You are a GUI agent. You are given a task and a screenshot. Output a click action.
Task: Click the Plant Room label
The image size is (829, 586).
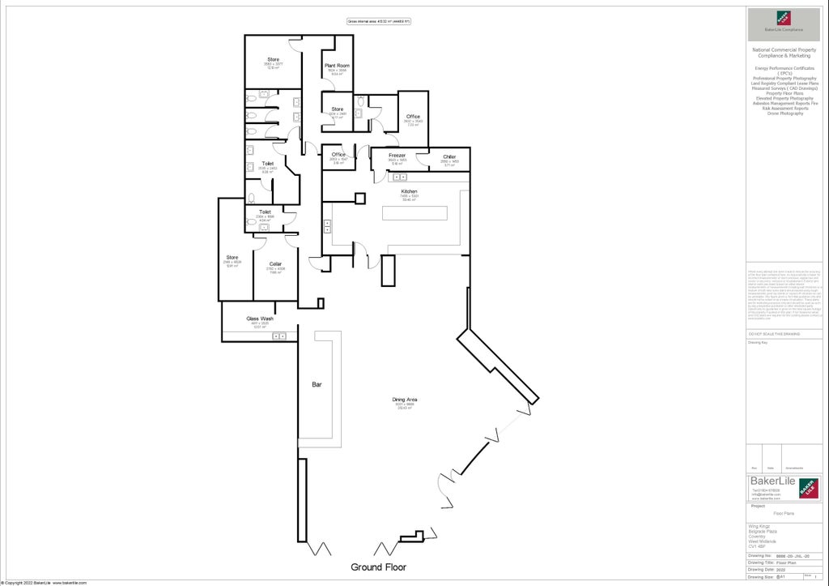[337, 65]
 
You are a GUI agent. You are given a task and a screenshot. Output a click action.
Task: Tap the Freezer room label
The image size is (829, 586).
[397, 155]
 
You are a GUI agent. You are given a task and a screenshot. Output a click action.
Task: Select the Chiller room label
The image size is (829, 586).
[449, 156]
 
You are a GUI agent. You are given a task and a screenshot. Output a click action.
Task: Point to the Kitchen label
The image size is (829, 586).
[409, 191]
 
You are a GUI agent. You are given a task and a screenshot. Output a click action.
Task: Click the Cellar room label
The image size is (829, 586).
[276, 263]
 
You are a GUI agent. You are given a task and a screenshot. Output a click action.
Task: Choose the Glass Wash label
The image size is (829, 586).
[260, 319]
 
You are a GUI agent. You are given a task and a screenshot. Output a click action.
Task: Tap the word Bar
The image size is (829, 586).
[317, 385]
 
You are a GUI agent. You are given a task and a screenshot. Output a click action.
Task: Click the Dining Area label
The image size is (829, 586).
[405, 400]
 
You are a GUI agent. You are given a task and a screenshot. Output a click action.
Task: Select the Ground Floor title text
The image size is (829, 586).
[378, 567]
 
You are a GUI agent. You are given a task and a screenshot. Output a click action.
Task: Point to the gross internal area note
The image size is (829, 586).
[378, 21]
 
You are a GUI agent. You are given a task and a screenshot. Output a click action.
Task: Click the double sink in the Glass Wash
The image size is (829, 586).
[279, 336]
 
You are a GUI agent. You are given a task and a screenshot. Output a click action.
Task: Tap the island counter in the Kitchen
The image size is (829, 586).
[414, 212]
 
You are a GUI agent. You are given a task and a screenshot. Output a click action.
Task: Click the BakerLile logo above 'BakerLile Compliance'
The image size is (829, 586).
[784, 18]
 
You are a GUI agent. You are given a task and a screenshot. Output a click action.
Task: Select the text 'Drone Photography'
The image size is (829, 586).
[784, 113]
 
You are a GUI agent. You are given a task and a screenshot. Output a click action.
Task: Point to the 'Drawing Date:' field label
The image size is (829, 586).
[761, 569]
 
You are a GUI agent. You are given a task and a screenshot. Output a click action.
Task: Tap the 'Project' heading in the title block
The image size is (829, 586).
[759, 506]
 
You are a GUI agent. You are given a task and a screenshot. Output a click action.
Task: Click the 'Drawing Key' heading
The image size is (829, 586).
[758, 342]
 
